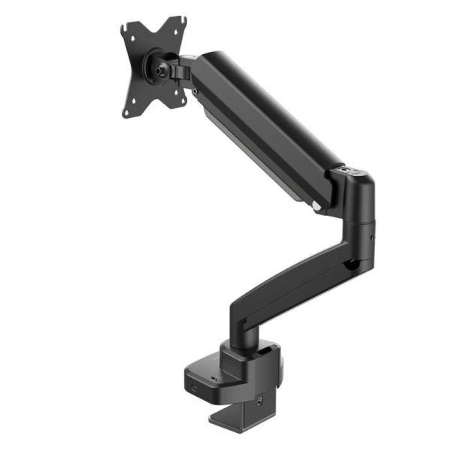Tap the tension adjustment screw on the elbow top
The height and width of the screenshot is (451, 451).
347,172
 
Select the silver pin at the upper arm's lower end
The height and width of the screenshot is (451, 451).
319,205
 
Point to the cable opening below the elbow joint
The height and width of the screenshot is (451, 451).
350,264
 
